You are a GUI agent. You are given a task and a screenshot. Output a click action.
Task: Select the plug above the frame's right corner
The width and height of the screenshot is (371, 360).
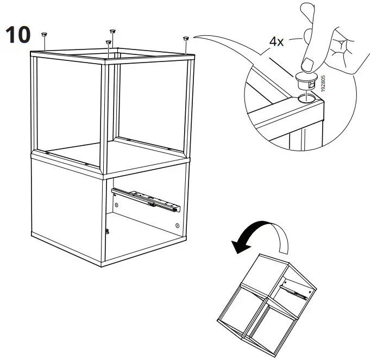tap(186, 39)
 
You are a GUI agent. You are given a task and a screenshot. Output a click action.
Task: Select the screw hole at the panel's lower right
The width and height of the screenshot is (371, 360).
tap(178, 225)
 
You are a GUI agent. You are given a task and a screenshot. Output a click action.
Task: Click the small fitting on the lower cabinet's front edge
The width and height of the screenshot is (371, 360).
tap(106, 231)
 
